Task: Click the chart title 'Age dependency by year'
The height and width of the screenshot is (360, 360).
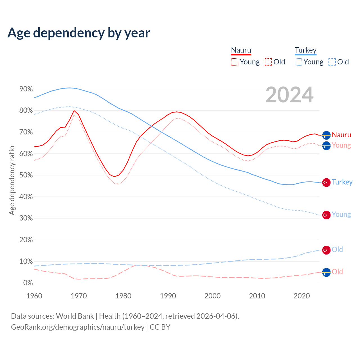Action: pos(79,33)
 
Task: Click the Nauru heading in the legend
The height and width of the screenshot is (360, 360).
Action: pos(241,50)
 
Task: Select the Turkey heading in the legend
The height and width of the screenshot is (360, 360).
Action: pos(306,50)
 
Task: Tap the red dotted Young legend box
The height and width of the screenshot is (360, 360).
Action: pos(235,62)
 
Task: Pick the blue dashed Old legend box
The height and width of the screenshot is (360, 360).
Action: pos(332,62)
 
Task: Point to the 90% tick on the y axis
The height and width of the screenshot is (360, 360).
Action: pos(26,89)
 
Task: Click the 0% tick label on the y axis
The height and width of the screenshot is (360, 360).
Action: pos(28,283)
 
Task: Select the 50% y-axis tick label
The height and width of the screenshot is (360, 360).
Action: pos(26,175)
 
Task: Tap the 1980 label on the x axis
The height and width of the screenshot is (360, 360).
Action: pos(123,296)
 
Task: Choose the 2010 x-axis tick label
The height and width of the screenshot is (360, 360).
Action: pos(257,296)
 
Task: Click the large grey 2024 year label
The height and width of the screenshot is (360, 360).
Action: pos(289,95)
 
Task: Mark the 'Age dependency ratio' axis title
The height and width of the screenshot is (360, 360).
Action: pos(12,180)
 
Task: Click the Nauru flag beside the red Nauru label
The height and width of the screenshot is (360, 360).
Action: pos(326,135)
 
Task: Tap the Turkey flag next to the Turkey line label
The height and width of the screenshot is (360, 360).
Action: pos(326,183)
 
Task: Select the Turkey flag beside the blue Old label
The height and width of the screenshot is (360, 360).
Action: pos(326,250)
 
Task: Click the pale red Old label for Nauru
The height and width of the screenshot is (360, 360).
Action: pos(337,272)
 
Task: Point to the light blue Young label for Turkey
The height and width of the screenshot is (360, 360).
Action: pos(341,214)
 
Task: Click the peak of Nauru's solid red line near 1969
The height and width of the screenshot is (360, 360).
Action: pos(74,111)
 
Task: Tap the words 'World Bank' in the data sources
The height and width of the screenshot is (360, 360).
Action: pos(75,316)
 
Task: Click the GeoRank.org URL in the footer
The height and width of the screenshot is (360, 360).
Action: pos(78,327)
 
